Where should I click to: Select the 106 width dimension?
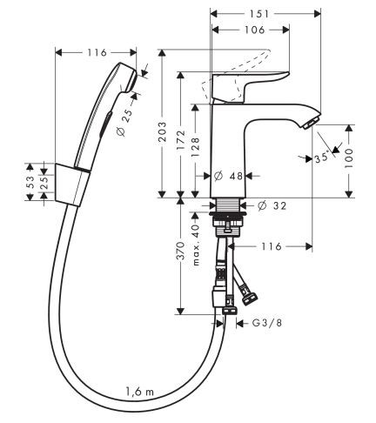coord(252,30)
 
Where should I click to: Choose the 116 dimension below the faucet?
coord(273,247)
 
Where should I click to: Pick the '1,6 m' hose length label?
coord(139,393)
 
